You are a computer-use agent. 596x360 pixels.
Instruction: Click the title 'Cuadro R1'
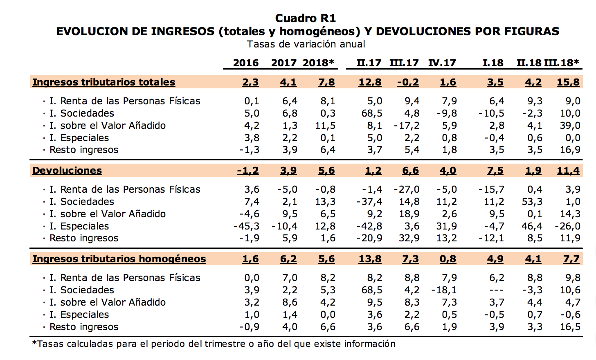[305, 18]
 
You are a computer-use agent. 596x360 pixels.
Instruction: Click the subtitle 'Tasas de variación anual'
[306, 44]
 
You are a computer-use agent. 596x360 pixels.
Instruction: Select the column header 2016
[245, 63]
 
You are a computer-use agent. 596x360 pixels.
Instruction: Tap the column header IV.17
[442, 63]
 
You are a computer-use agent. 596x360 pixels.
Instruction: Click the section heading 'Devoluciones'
[67, 171]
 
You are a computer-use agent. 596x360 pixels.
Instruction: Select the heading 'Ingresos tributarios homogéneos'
[119, 259]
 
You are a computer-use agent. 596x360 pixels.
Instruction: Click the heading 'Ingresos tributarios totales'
[103, 82]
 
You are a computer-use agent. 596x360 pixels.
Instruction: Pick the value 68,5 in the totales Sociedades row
[371, 113]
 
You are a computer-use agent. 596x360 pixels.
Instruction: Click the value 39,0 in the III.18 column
[570, 126]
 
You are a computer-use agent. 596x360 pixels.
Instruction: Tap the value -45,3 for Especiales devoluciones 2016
[246, 226]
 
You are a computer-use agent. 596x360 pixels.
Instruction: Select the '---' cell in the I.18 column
[496, 290]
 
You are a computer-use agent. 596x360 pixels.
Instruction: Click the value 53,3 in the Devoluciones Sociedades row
[532, 202]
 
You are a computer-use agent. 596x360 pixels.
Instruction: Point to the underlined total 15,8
[568, 82]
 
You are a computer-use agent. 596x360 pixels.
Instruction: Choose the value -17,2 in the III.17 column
[407, 126]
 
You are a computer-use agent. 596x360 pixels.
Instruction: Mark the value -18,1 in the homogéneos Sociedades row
[444, 290]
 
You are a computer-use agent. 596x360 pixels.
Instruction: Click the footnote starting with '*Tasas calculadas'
[214, 344]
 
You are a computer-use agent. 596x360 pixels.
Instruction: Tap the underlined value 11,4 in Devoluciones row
[568, 171]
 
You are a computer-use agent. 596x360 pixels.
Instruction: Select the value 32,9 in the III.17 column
[409, 238]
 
